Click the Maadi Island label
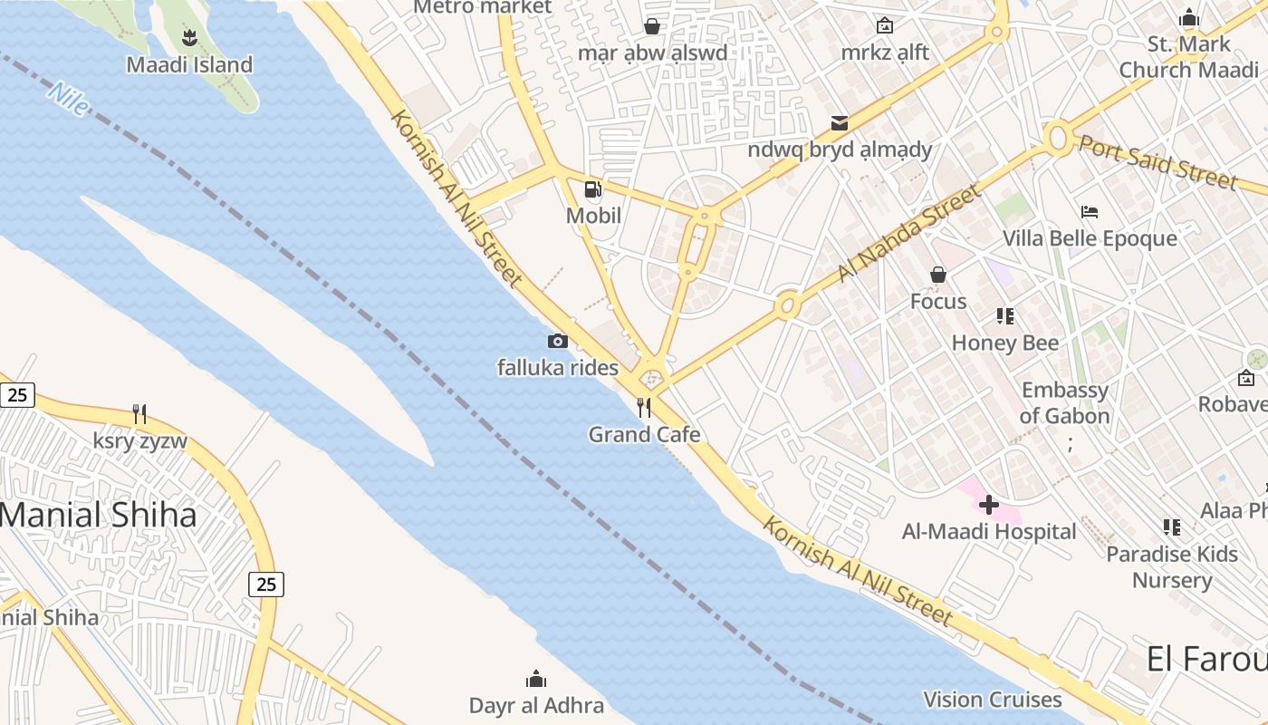click(x=189, y=65)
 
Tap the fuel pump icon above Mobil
click(x=593, y=189)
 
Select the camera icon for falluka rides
click(x=558, y=341)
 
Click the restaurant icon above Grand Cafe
click(x=644, y=408)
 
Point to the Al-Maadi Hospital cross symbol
click(x=989, y=505)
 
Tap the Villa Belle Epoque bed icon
click(x=1090, y=212)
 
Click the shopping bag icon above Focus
click(x=938, y=274)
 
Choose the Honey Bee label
click(x=1004, y=343)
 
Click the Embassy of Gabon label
click(x=1064, y=403)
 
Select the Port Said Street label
click(x=1158, y=163)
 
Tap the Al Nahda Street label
click(x=908, y=234)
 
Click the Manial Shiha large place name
click(x=98, y=515)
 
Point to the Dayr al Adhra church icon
click(x=536, y=679)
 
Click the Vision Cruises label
click(x=993, y=700)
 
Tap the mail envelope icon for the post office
click(x=840, y=122)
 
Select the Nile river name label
click(x=69, y=99)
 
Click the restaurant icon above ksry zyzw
click(x=139, y=414)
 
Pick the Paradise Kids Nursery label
click(x=1172, y=567)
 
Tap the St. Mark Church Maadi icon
click(x=1188, y=17)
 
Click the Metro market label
click(x=482, y=7)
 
